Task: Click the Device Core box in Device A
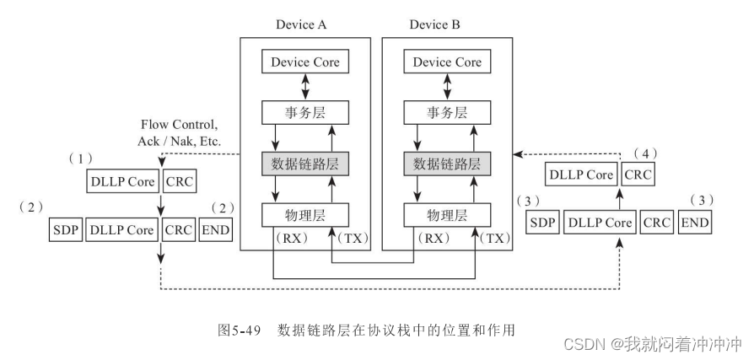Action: click(304, 62)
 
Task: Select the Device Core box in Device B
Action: click(446, 62)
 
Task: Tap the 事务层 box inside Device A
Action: click(304, 112)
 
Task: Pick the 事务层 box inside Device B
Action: click(446, 112)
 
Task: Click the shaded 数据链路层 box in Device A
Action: click(304, 163)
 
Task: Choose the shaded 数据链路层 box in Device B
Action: click(446, 163)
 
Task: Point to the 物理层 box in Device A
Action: click(304, 213)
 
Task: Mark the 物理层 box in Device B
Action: click(446, 213)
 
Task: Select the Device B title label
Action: click(435, 24)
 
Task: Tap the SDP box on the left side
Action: click(66, 229)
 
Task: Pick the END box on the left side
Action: click(215, 229)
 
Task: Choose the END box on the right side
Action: click(694, 223)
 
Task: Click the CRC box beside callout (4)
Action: click(637, 175)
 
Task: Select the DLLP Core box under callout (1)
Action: click(123, 181)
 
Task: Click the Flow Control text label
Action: click(180, 125)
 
